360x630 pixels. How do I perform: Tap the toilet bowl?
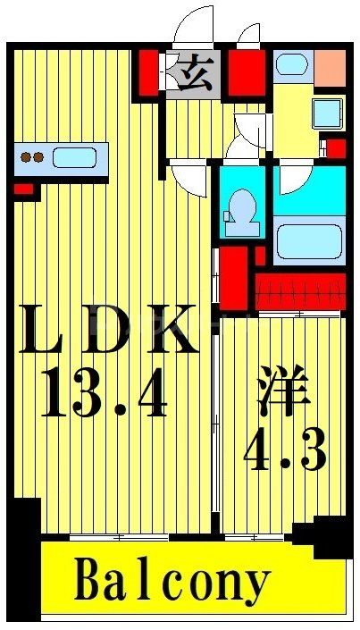click(239, 211)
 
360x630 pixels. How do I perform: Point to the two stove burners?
click(32, 158)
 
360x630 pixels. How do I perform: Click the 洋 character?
click(284, 396)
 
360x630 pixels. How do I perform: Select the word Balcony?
click(172, 582)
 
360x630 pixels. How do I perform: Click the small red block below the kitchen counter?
click(22, 189)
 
